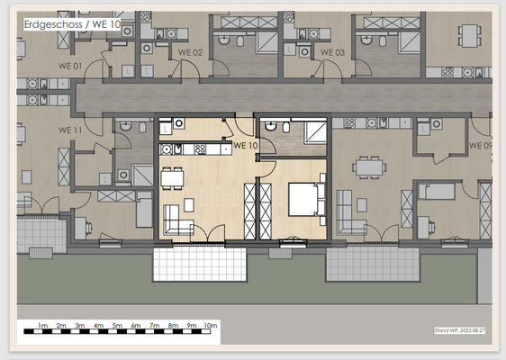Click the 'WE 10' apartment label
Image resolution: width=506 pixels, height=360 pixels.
(245, 145)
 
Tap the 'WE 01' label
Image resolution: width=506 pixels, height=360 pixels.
(71, 66)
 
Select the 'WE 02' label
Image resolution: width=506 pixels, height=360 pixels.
(190, 53)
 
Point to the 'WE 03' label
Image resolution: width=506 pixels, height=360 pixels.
(332, 53)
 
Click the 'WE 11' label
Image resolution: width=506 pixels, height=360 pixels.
(70, 130)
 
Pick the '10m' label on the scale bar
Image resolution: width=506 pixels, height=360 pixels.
(210, 325)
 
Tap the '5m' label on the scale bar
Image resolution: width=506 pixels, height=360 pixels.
(117, 325)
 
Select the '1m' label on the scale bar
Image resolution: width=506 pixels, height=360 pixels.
(41, 325)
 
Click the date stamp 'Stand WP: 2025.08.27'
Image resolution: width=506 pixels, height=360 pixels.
(459, 331)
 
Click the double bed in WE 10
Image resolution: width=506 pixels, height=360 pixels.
(304, 199)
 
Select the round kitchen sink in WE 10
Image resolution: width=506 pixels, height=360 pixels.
(178, 149)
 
